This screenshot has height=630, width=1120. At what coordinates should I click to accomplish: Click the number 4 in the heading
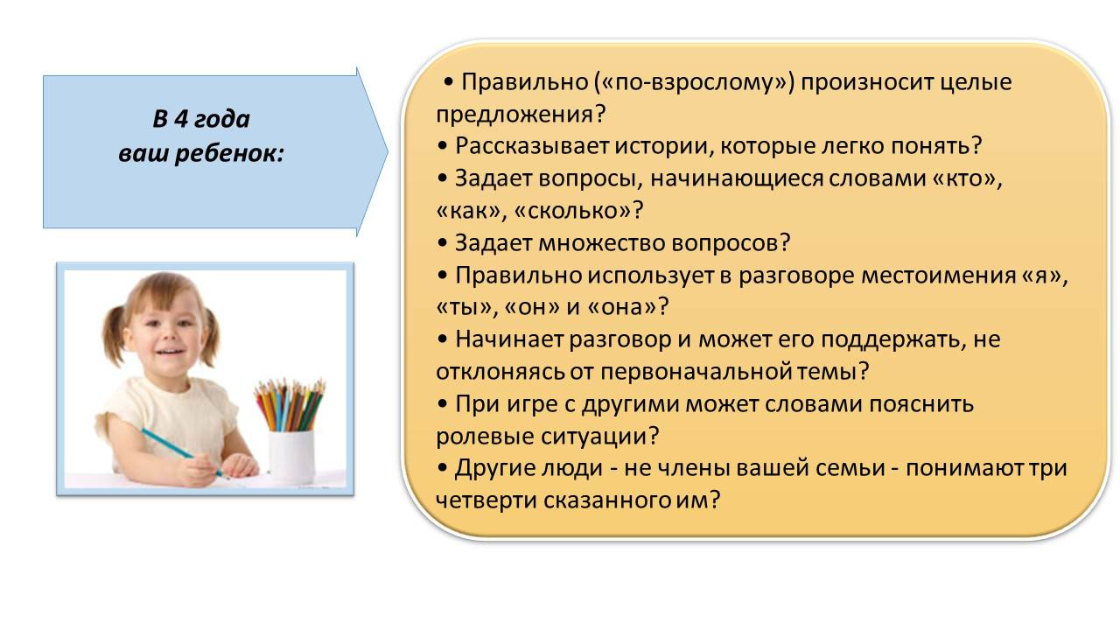click(180, 119)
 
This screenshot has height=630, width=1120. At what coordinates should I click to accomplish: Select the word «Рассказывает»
click(532, 146)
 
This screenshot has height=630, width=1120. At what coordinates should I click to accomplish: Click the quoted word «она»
click(621, 307)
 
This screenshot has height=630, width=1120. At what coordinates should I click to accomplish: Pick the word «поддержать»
click(891, 340)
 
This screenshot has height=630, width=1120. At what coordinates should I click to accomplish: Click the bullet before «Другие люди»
click(442, 468)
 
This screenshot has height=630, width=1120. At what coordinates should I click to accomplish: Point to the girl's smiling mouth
click(169, 352)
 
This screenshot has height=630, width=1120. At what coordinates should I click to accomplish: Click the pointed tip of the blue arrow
click(388, 152)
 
